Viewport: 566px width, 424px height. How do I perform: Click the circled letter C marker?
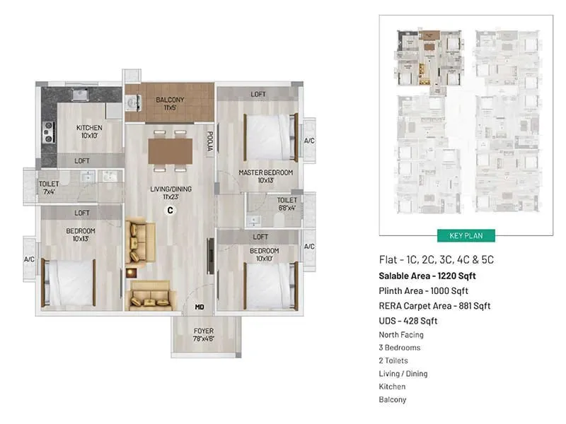[170, 210]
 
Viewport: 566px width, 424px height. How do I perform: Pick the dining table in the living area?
[170, 151]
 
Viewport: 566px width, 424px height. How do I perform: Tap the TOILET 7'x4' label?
[48, 187]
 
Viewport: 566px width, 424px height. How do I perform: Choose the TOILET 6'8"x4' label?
[287, 204]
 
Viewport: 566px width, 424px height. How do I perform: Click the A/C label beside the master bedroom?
[308, 141]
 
